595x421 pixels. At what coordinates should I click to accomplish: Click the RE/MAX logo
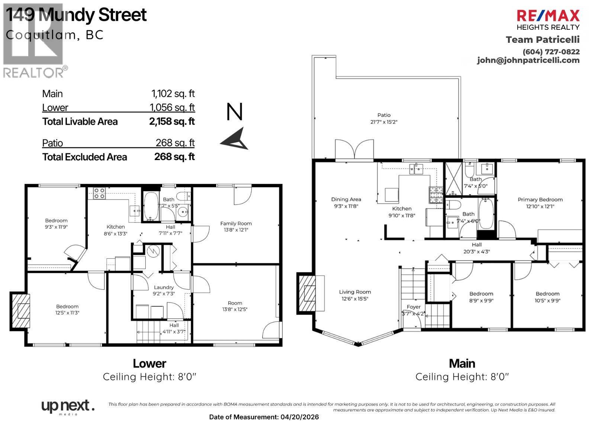[548, 16]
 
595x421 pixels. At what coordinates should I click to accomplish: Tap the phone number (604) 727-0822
[551, 52]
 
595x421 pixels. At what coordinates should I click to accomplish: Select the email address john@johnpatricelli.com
[528, 60]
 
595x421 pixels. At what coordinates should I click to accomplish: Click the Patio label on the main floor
[384, 115]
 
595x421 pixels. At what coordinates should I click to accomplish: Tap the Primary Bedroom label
[540, 200]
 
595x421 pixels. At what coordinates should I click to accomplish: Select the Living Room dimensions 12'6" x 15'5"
[355, 299]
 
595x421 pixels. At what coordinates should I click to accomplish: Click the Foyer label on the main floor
[414, 307]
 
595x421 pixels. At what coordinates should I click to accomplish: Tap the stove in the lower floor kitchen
[99, 193]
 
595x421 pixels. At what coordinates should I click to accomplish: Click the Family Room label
[236, 223]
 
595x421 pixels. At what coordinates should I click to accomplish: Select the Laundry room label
[164, 287]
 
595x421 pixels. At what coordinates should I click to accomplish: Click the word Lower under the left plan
[149, 363]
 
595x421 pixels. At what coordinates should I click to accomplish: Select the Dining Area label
[346, 199]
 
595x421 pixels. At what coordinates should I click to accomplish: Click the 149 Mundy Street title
[76, 15]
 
